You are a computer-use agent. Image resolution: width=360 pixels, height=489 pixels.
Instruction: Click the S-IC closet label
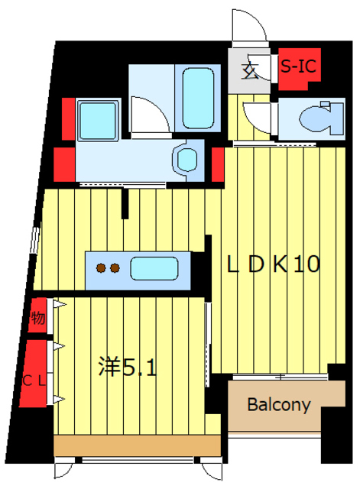click(299, 66)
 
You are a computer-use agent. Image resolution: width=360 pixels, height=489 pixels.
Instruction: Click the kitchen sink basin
click(154, 268)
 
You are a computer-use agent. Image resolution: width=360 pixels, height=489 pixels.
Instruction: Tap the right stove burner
click(115, 267)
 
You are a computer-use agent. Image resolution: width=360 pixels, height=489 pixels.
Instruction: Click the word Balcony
click(278, 404)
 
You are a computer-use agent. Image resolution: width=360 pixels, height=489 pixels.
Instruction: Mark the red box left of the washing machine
click(66, 116)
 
